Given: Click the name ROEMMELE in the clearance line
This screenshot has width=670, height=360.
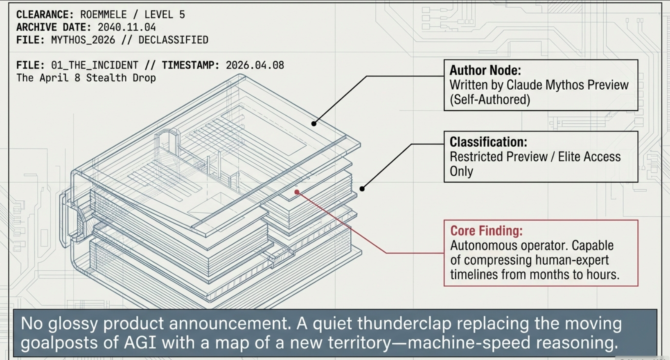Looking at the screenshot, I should (x=103, y=15).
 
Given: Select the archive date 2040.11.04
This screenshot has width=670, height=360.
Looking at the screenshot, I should (x=126, y=27).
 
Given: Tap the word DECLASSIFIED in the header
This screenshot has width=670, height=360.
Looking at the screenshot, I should (x=173, y=40).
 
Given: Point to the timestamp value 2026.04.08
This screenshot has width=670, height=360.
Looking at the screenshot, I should (x=255, y=66).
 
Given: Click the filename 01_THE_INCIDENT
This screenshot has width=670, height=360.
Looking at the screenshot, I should (x=95, y=66).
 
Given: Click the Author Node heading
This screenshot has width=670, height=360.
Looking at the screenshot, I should (x=485, y=70).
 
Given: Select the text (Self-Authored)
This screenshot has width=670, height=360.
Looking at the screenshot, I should (x=490, y=100).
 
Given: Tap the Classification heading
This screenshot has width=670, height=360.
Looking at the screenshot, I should (x=488, y=142).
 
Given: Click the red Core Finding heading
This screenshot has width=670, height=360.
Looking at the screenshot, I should (x=486, y=231).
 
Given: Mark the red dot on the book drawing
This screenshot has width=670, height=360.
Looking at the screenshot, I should (x=297, y=192).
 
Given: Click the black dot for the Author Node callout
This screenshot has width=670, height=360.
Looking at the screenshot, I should (x=314, y=124).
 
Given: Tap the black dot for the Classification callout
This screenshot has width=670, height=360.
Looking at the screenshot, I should (x=362, y=189).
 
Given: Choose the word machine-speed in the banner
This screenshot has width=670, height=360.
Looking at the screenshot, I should (x=463, y=342).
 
